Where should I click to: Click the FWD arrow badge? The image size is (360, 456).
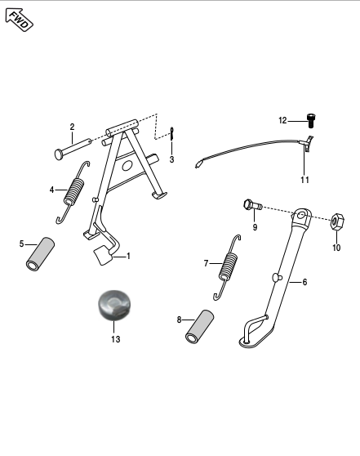click(19, 18)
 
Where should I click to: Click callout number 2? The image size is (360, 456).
click(72, 127)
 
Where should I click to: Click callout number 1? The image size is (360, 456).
click(127, 256)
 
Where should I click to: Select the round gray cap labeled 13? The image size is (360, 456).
click(113, 307)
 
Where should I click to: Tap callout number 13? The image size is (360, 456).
click(115, 338)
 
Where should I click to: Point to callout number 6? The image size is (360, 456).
click(304, 282)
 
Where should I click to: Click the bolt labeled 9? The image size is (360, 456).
click(250, 203)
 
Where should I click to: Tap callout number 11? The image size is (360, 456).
click(304, 178)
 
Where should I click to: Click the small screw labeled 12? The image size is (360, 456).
click(310, 120)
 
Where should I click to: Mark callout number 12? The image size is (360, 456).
click(283, 120)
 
